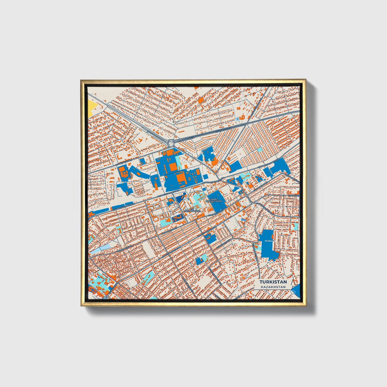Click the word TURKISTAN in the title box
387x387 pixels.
273,282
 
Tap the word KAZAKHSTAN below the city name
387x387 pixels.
273,287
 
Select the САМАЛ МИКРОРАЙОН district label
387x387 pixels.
214,201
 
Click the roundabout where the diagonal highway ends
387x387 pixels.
171,142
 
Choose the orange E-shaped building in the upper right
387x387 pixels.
242,117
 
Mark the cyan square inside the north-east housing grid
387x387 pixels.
260,149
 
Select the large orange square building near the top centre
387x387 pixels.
201,100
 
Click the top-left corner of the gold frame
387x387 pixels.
81,80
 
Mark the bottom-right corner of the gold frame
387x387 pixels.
306,306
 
